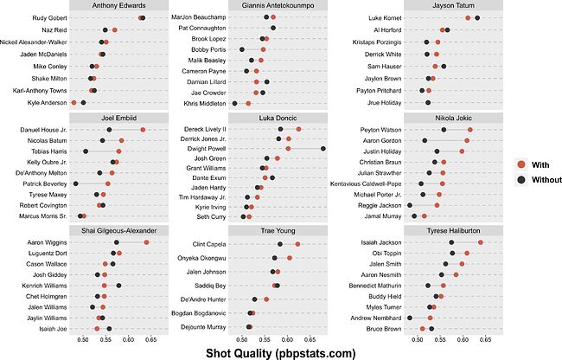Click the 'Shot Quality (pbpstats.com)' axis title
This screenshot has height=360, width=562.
pos(281,352)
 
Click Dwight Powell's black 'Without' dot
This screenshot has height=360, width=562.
pos(323,148)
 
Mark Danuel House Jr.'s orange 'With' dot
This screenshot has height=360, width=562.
pos(143,130)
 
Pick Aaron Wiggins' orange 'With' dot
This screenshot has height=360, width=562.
pos(146,242)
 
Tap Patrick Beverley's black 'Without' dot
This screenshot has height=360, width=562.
pos(76,183)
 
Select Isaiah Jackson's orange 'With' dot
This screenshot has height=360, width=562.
pos(481,242)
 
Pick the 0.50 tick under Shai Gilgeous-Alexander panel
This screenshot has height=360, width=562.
pos(84,340)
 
